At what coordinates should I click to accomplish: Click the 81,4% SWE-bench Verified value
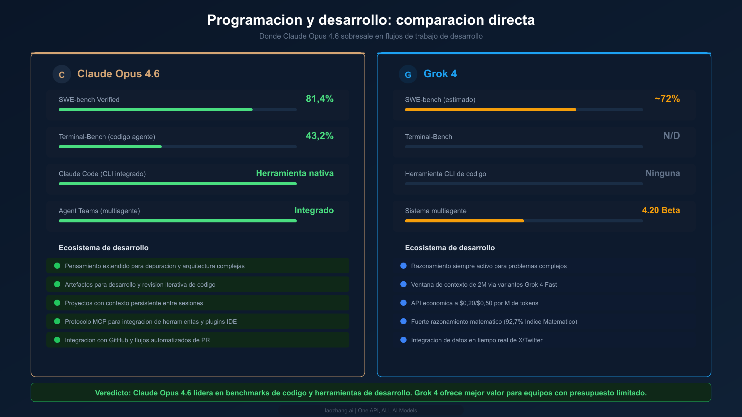point(319,99)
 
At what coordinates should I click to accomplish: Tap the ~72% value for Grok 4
point(667,99)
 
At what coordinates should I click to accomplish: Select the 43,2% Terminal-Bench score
point(319,136)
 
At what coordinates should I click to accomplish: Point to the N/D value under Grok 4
point(671,136)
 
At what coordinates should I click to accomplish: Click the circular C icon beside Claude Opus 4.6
point(62,74)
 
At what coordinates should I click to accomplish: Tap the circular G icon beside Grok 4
point(408,74)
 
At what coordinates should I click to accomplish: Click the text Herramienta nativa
point(295,173)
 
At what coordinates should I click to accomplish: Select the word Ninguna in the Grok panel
point(663,173)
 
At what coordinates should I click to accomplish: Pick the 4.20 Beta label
point(661,210)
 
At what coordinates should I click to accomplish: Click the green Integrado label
point(314,210)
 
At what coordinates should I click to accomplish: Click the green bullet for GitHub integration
point(57,340)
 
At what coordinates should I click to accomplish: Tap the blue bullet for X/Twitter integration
point(403,340)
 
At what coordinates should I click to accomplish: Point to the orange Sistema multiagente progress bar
point(464,221)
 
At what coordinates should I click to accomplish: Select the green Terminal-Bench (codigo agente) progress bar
point(110,147)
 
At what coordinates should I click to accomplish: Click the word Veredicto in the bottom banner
point(113,393)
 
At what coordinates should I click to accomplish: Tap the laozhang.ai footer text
point(339,411)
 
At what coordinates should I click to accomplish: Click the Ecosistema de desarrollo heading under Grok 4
point(450,248)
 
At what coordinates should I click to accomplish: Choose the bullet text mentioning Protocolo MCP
point(151,322)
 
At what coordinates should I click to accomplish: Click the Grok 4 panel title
point(440,74)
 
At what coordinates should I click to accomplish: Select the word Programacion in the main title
point(254,20)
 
